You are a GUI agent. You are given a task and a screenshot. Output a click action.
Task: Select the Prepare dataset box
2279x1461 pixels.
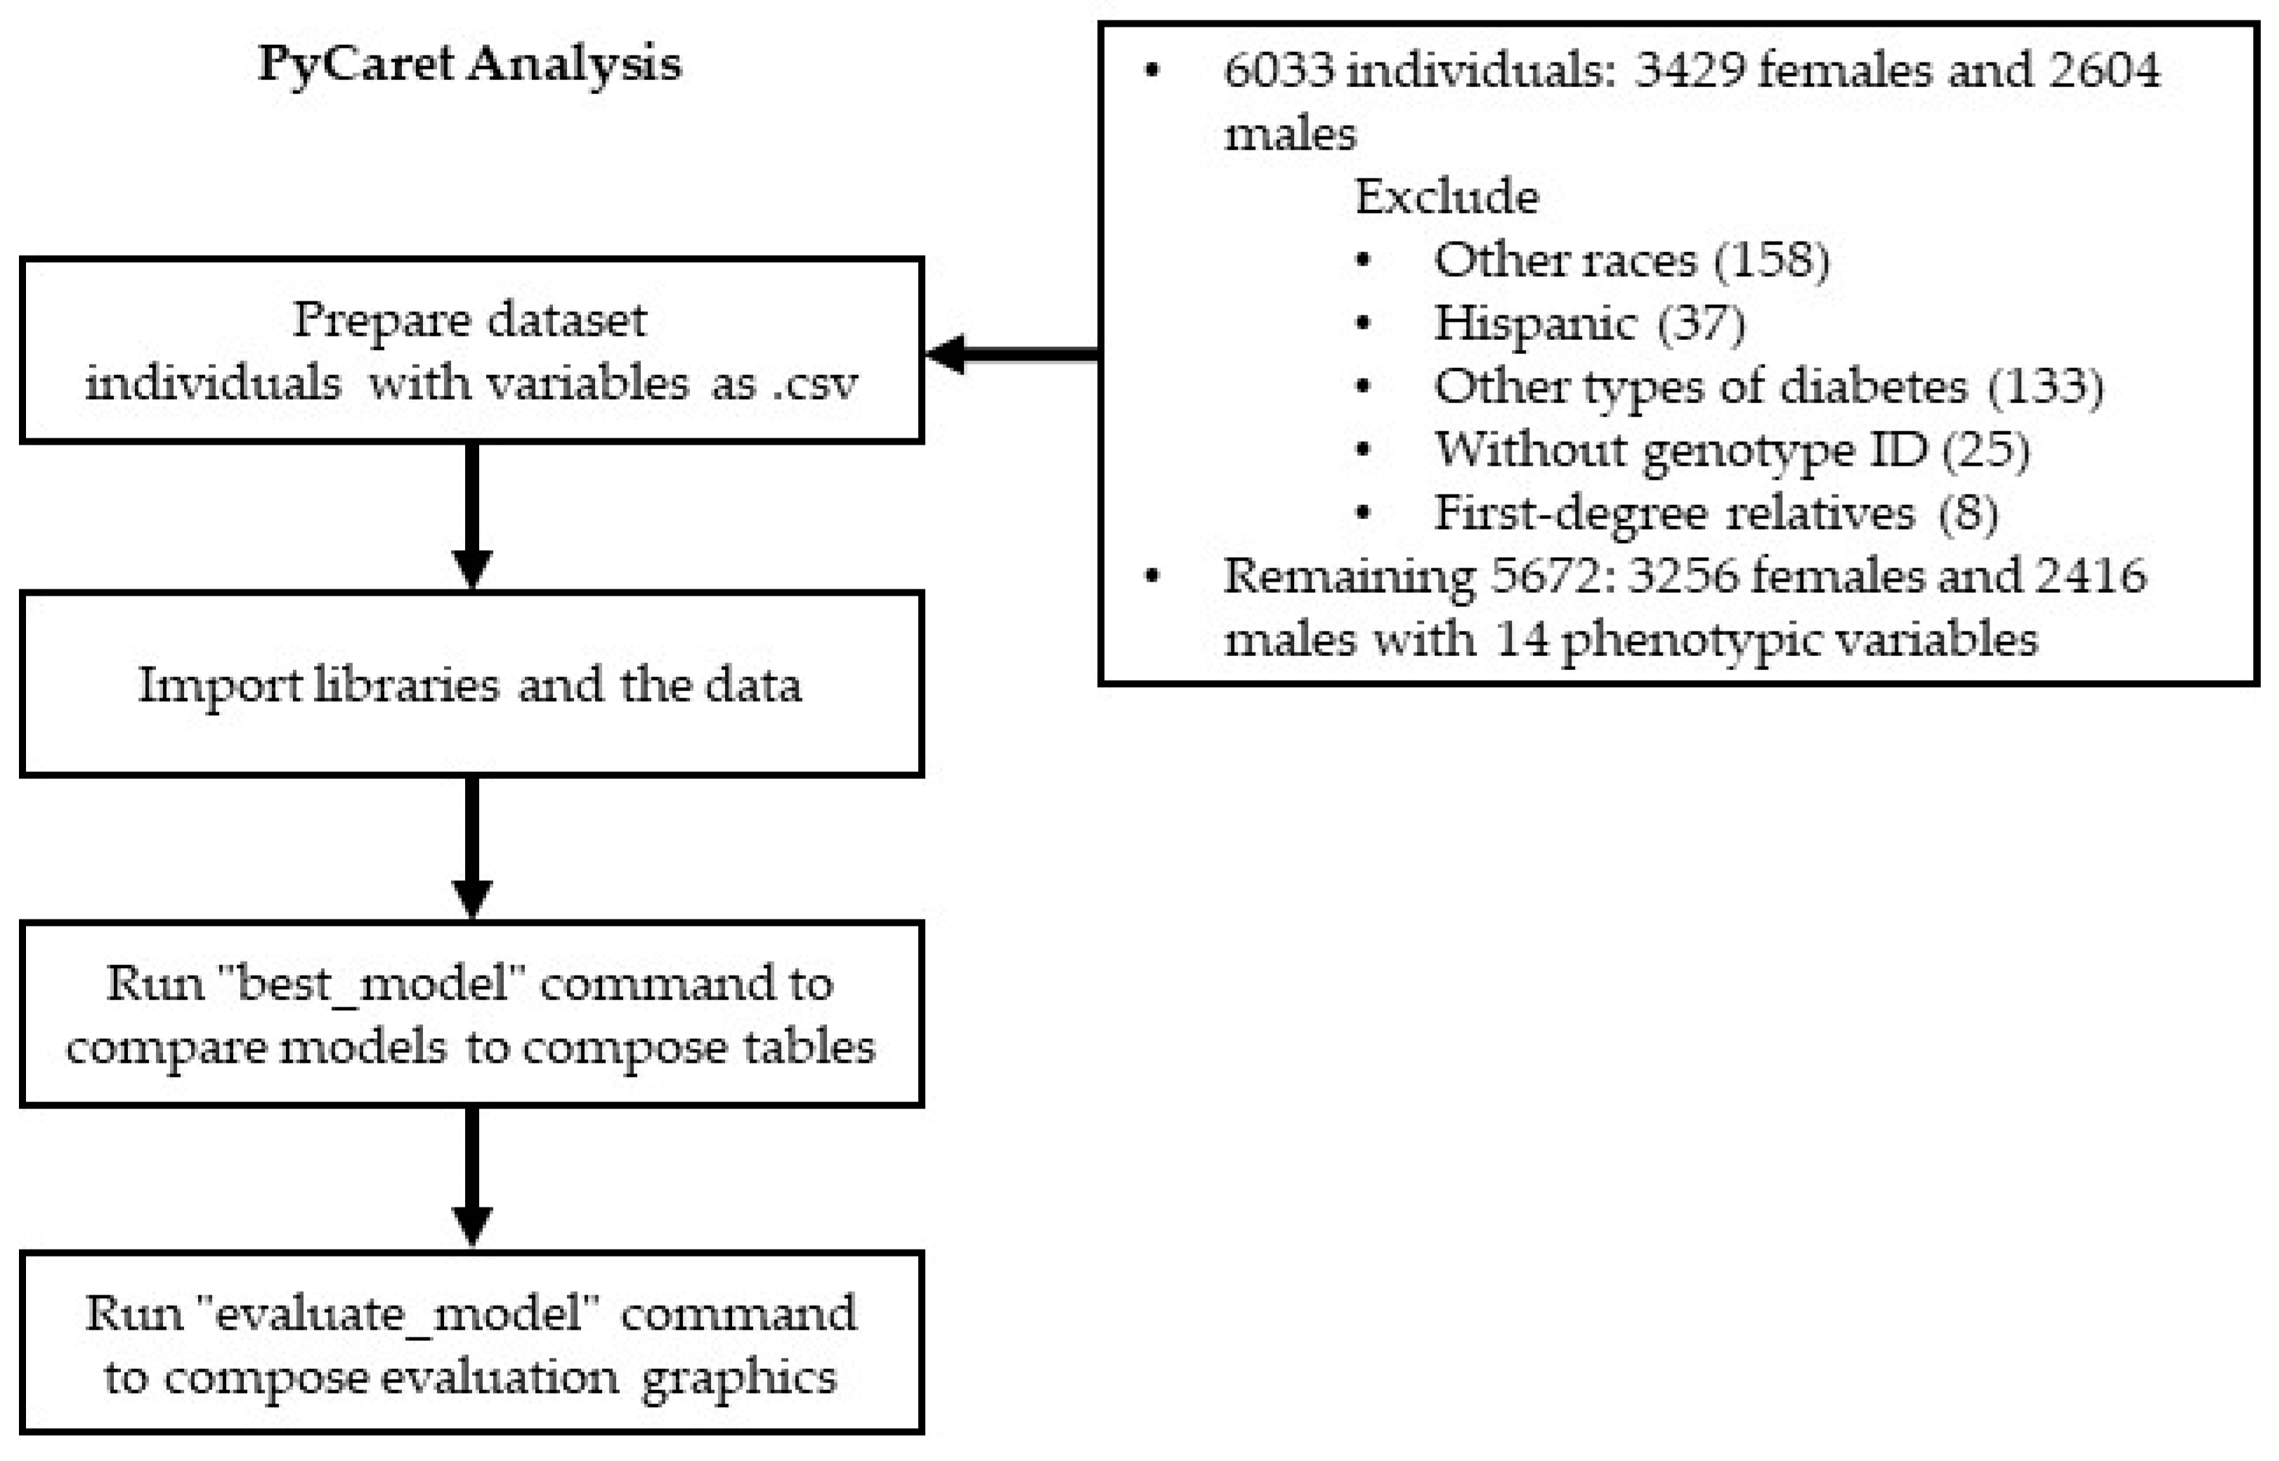pos(471,349)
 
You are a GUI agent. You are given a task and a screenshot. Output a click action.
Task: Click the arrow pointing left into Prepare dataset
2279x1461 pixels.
pos(1010,354)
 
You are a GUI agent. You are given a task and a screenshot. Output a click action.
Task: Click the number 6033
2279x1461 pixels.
pos(1279,70)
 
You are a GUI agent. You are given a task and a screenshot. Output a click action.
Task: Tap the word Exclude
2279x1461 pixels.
pos(1446,197)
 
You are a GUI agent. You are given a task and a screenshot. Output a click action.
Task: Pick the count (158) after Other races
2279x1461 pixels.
pos(1771,260)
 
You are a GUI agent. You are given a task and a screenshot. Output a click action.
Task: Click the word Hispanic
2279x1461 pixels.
pos(1535,324)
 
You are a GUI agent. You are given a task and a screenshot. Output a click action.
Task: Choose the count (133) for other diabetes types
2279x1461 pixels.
pos(2044,386)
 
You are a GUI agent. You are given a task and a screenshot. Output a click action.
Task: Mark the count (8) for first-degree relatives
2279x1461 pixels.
pos(1968,513)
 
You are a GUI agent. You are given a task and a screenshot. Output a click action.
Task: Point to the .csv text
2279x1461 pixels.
pos(816,384)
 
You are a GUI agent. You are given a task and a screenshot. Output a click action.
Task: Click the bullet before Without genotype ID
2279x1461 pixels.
pos(1364,450)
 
